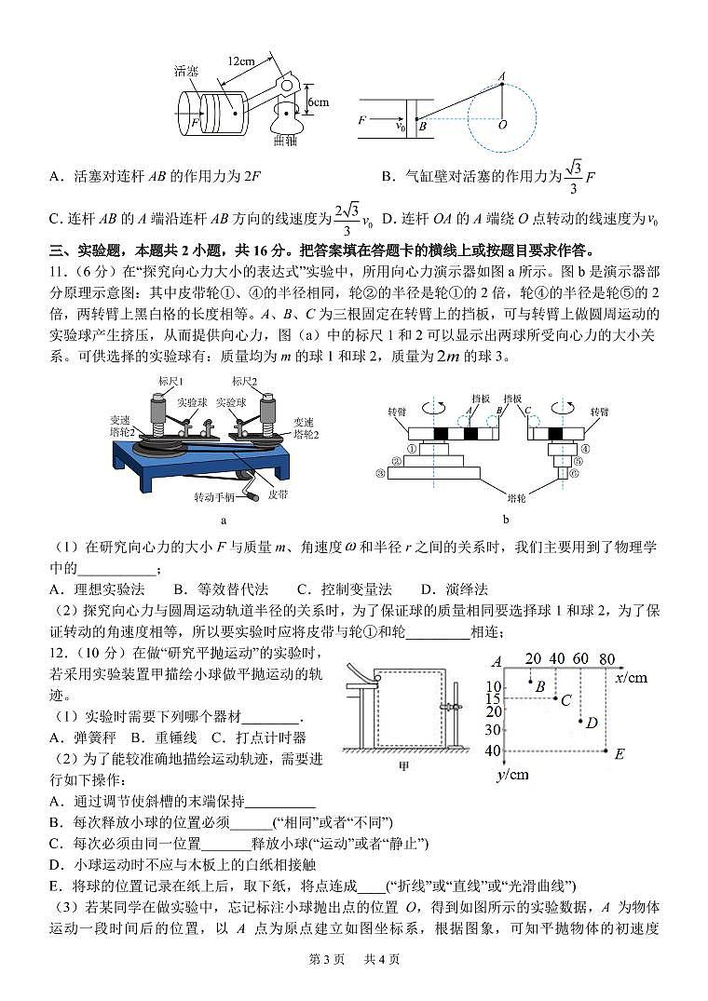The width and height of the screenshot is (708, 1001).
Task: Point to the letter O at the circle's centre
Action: pos(503,124)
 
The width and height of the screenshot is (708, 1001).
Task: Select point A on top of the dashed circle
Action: pos(502,76)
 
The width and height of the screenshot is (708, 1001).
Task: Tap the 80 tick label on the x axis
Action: pos(606,659)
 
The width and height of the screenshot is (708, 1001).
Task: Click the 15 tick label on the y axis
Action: pos(494,699)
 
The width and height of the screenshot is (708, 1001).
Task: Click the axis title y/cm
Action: pos(512,774)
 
